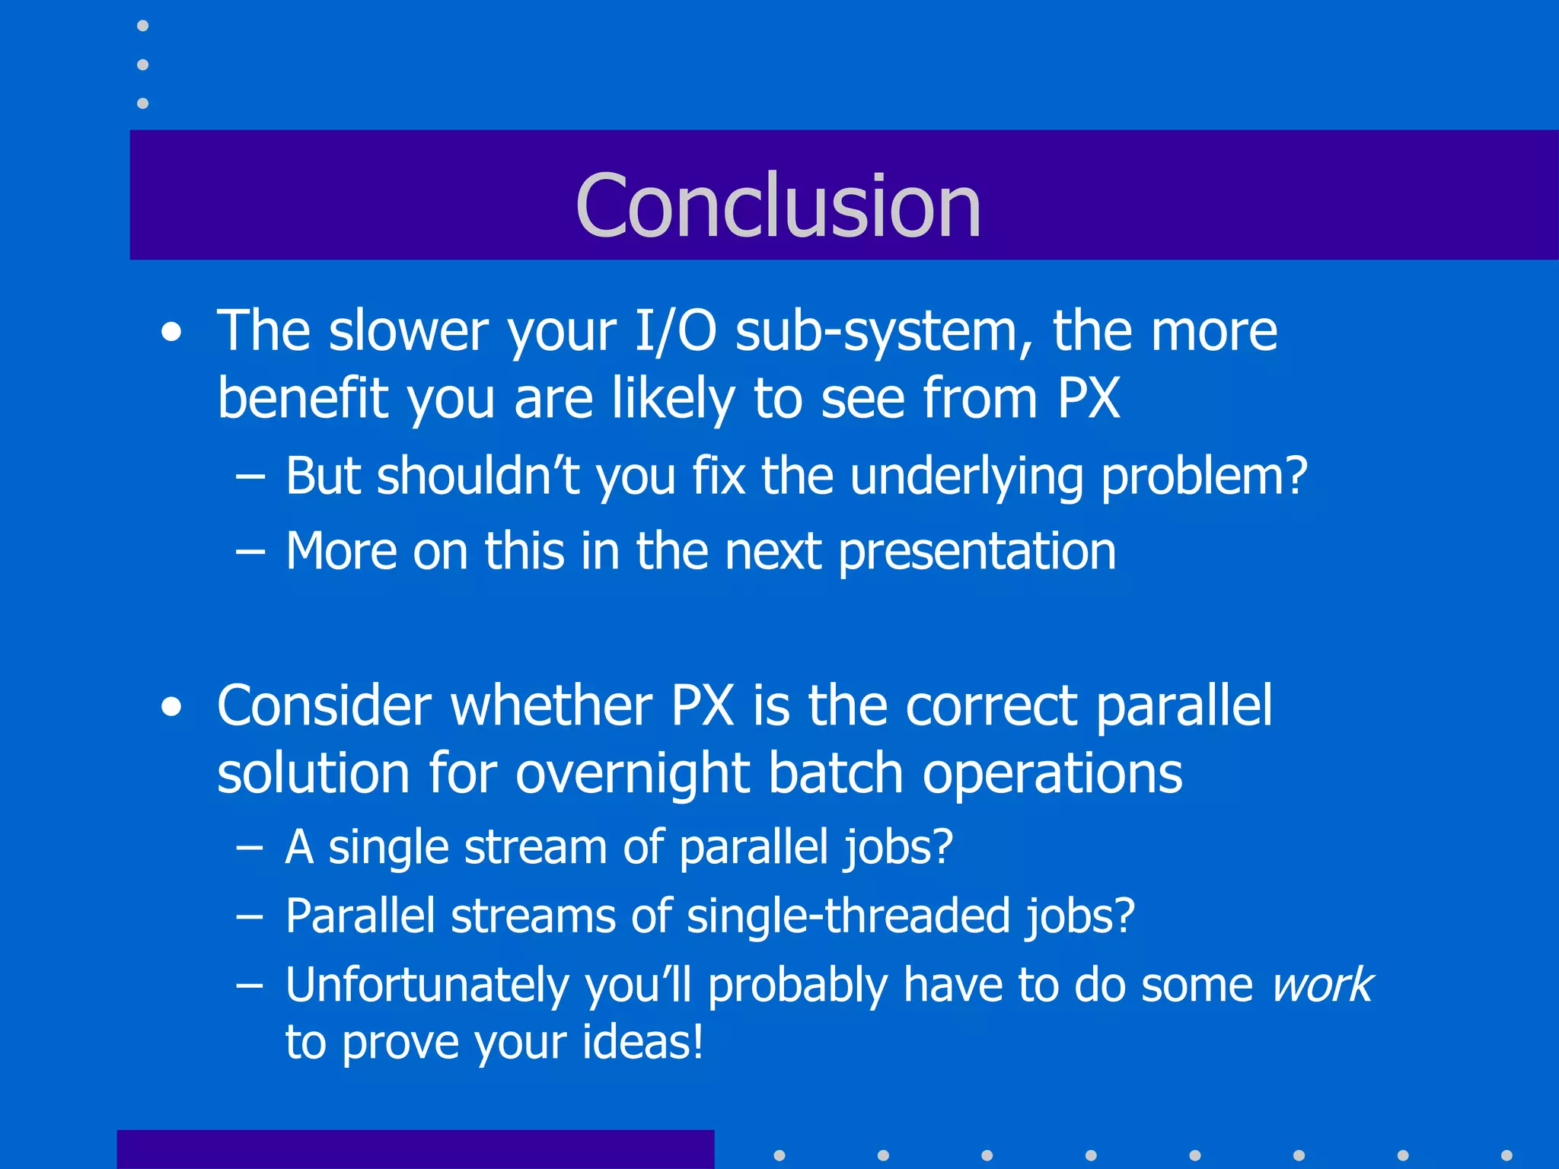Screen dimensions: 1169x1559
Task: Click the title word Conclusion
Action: [778, 205]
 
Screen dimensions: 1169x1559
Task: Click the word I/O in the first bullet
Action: [674, 332]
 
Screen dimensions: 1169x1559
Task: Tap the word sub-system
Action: [884, 333]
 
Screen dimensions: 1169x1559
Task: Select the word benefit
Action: [302, 398]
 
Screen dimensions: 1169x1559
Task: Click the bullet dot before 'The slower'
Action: [172, 333]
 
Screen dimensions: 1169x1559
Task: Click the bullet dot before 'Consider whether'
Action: [172, 707]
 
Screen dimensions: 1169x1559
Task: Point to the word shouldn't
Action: [478, 476]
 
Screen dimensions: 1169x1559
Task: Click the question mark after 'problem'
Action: [1294, 476]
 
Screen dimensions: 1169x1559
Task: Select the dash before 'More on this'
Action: [250, 551]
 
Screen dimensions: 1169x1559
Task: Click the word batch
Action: [835, 774]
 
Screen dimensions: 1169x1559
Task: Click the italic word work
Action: [1322, 985]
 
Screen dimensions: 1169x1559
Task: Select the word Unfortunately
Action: [426, 985]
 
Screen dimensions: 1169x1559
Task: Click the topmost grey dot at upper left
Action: [142, 26]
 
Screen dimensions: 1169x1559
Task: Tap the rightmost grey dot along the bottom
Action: [1506, 1155]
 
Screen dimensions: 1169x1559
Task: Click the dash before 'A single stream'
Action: [250, 847]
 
